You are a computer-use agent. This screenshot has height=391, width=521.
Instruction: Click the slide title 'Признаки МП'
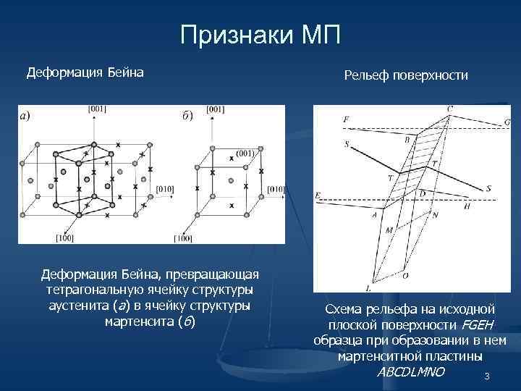(x=260, y=33)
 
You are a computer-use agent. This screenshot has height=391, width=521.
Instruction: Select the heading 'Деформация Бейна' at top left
(x=85, y=72)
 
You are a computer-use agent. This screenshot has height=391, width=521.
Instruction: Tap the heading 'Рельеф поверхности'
(x=406, y=75)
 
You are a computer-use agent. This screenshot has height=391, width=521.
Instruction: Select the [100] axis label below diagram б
(x=182, y=238)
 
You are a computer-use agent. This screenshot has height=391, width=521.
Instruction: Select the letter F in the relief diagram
(x=347, y=119)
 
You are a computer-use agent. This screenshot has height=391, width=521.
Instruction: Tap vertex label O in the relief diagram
(x=405, y=276)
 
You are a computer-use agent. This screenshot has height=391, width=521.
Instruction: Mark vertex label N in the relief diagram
(x=434, y=216)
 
